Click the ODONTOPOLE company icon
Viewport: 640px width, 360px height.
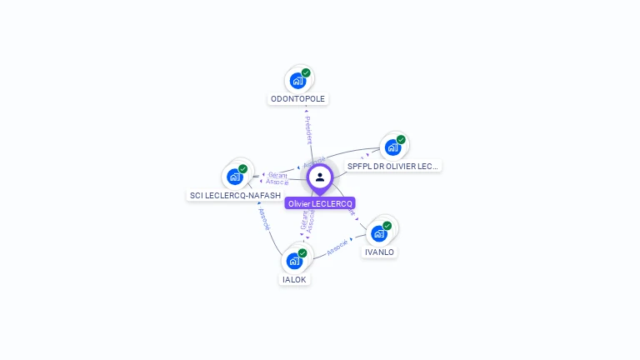(x=297, y=82)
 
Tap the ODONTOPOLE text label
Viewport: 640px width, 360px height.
(x=298, y=98)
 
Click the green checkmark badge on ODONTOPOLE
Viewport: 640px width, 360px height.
(x=306, y=73)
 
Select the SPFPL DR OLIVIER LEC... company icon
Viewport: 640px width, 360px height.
(x=392, y=148)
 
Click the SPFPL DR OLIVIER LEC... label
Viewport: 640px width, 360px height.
(x=392, y=166)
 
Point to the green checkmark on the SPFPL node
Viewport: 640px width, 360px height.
(x=401, y=140)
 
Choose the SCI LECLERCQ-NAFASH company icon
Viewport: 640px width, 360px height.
(x=234, y=177)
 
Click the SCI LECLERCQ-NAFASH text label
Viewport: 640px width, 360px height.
(x=235, y=195)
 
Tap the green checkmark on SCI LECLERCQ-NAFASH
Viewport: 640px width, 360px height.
(x=242, y=169)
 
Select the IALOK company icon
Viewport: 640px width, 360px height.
(x=294, y=261)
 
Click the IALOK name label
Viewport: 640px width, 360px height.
(x=295, y=279)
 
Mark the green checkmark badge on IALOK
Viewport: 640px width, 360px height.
(x=302, y=252)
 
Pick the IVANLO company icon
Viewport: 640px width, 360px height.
(x=378, y=233)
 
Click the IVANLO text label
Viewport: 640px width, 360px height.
(x=379, y=252)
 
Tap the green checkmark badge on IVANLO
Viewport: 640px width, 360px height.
(x=387, y=226)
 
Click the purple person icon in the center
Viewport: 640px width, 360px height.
(x=320, y=177)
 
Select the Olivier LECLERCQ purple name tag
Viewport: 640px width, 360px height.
(x=320, y=203)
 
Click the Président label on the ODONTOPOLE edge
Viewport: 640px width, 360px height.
(x=308, y=130)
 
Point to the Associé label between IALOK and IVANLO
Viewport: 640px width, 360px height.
(x=337, y=247)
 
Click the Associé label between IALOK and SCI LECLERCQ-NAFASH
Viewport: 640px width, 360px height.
(x=264, y=219)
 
